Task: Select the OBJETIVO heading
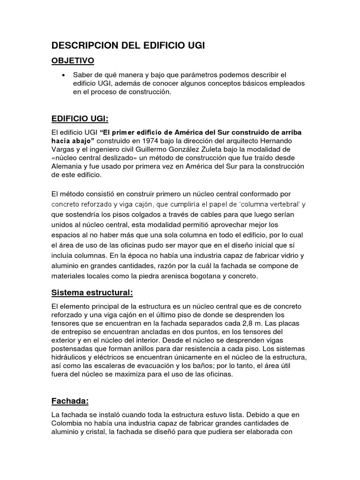73,60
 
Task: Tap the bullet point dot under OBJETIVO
62,75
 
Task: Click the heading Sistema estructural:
92,292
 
